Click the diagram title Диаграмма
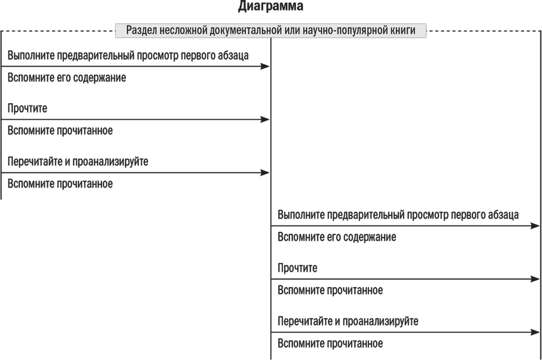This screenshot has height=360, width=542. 271,6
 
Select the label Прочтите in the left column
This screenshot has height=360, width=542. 27,108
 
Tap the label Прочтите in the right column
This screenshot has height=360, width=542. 297,268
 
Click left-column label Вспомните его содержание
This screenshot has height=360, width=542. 66,78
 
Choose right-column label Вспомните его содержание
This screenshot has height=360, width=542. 337,238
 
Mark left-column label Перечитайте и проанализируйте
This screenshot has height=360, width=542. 78,162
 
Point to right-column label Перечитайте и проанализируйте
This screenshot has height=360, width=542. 348,321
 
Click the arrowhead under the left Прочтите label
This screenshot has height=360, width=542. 265,120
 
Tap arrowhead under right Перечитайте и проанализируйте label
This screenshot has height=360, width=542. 535,332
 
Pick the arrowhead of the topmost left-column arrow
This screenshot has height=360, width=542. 265,66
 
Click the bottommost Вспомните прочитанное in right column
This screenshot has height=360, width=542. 330,344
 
